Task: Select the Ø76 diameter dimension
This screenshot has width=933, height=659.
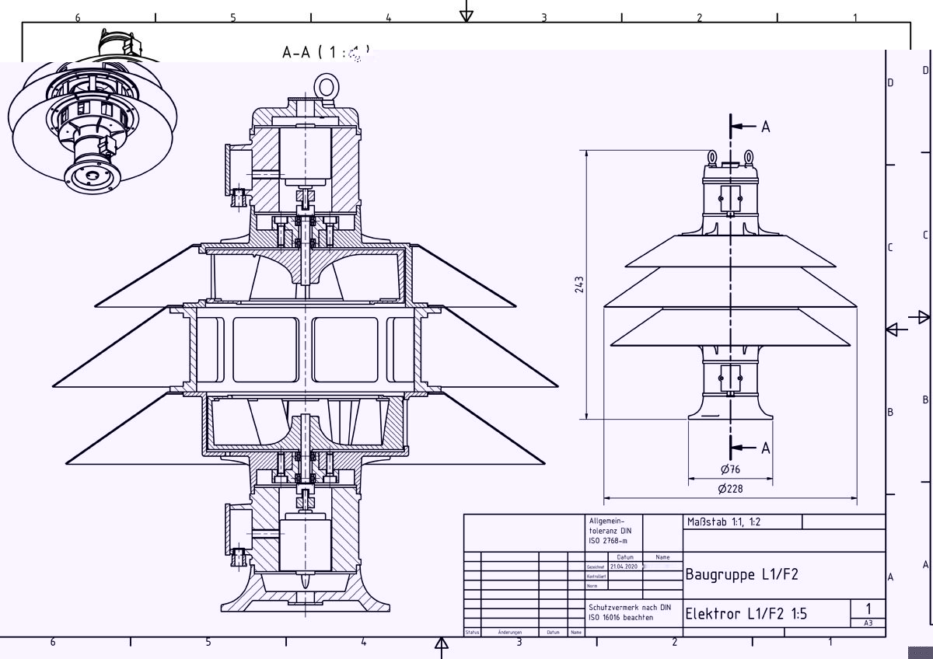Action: (729, 469)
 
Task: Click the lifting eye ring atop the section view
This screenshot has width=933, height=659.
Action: (325, 83)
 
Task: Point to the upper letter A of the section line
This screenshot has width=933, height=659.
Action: (765, 127)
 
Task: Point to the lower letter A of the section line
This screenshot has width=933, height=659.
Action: (765, 448)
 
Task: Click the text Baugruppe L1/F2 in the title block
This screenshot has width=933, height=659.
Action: (741, 575)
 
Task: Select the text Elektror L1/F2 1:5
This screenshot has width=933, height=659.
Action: (746, 614)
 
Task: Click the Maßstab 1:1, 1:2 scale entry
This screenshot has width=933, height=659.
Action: (724, 522)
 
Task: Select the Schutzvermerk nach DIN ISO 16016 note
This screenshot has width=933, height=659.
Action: (629, 612)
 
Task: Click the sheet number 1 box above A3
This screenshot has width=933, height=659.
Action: (868, 609)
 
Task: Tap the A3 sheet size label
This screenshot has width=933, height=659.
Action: (868, 623)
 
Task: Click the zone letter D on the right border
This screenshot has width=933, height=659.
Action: (891, 82)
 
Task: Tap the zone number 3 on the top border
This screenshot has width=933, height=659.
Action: (544, 17)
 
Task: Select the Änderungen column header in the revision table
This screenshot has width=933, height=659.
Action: (510, 633)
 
